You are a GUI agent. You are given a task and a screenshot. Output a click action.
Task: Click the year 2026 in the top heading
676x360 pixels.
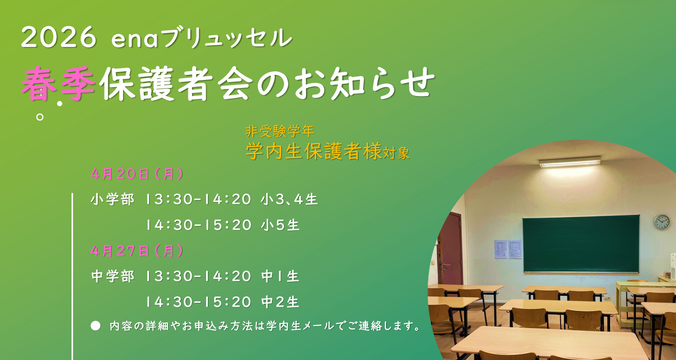[x=59, y=37]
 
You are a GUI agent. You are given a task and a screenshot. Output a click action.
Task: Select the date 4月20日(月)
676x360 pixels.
[x=137, y=174]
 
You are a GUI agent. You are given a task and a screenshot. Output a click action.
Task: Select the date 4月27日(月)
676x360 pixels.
[x=137, y=251]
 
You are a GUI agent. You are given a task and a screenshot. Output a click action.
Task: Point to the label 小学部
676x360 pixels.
[x=112, y=199]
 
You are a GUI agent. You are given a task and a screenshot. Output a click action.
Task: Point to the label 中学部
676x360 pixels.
[x=112, y=276]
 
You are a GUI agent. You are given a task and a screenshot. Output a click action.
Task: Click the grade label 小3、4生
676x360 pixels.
[x=289, y=199]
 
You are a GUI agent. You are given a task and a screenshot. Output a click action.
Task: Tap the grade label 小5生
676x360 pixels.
[x=280, y=225]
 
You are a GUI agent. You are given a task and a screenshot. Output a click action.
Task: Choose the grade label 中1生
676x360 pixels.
[x=280, y=276]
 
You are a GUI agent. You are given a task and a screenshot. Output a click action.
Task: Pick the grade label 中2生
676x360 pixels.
[x=280, y=302]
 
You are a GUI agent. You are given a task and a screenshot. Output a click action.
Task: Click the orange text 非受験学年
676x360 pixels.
[x=280, y=131]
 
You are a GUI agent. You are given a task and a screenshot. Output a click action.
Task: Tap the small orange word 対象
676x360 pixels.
[x=396, y=153]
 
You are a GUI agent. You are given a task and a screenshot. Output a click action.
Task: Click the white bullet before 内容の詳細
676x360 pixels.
[x=96, y=326]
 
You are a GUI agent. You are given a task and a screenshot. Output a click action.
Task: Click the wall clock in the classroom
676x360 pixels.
[x=662, y=222]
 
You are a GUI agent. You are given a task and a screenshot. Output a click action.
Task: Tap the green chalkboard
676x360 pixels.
[x=581, y=244]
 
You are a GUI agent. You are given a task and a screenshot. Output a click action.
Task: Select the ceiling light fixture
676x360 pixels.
[x=570, y=162]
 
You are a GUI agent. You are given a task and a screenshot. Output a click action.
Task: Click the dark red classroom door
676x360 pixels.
[x=450, y=248]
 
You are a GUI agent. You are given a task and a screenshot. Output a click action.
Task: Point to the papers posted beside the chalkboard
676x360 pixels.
[x=508, y=249]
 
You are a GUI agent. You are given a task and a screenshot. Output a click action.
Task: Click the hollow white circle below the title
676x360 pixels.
[x=39, y=117]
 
